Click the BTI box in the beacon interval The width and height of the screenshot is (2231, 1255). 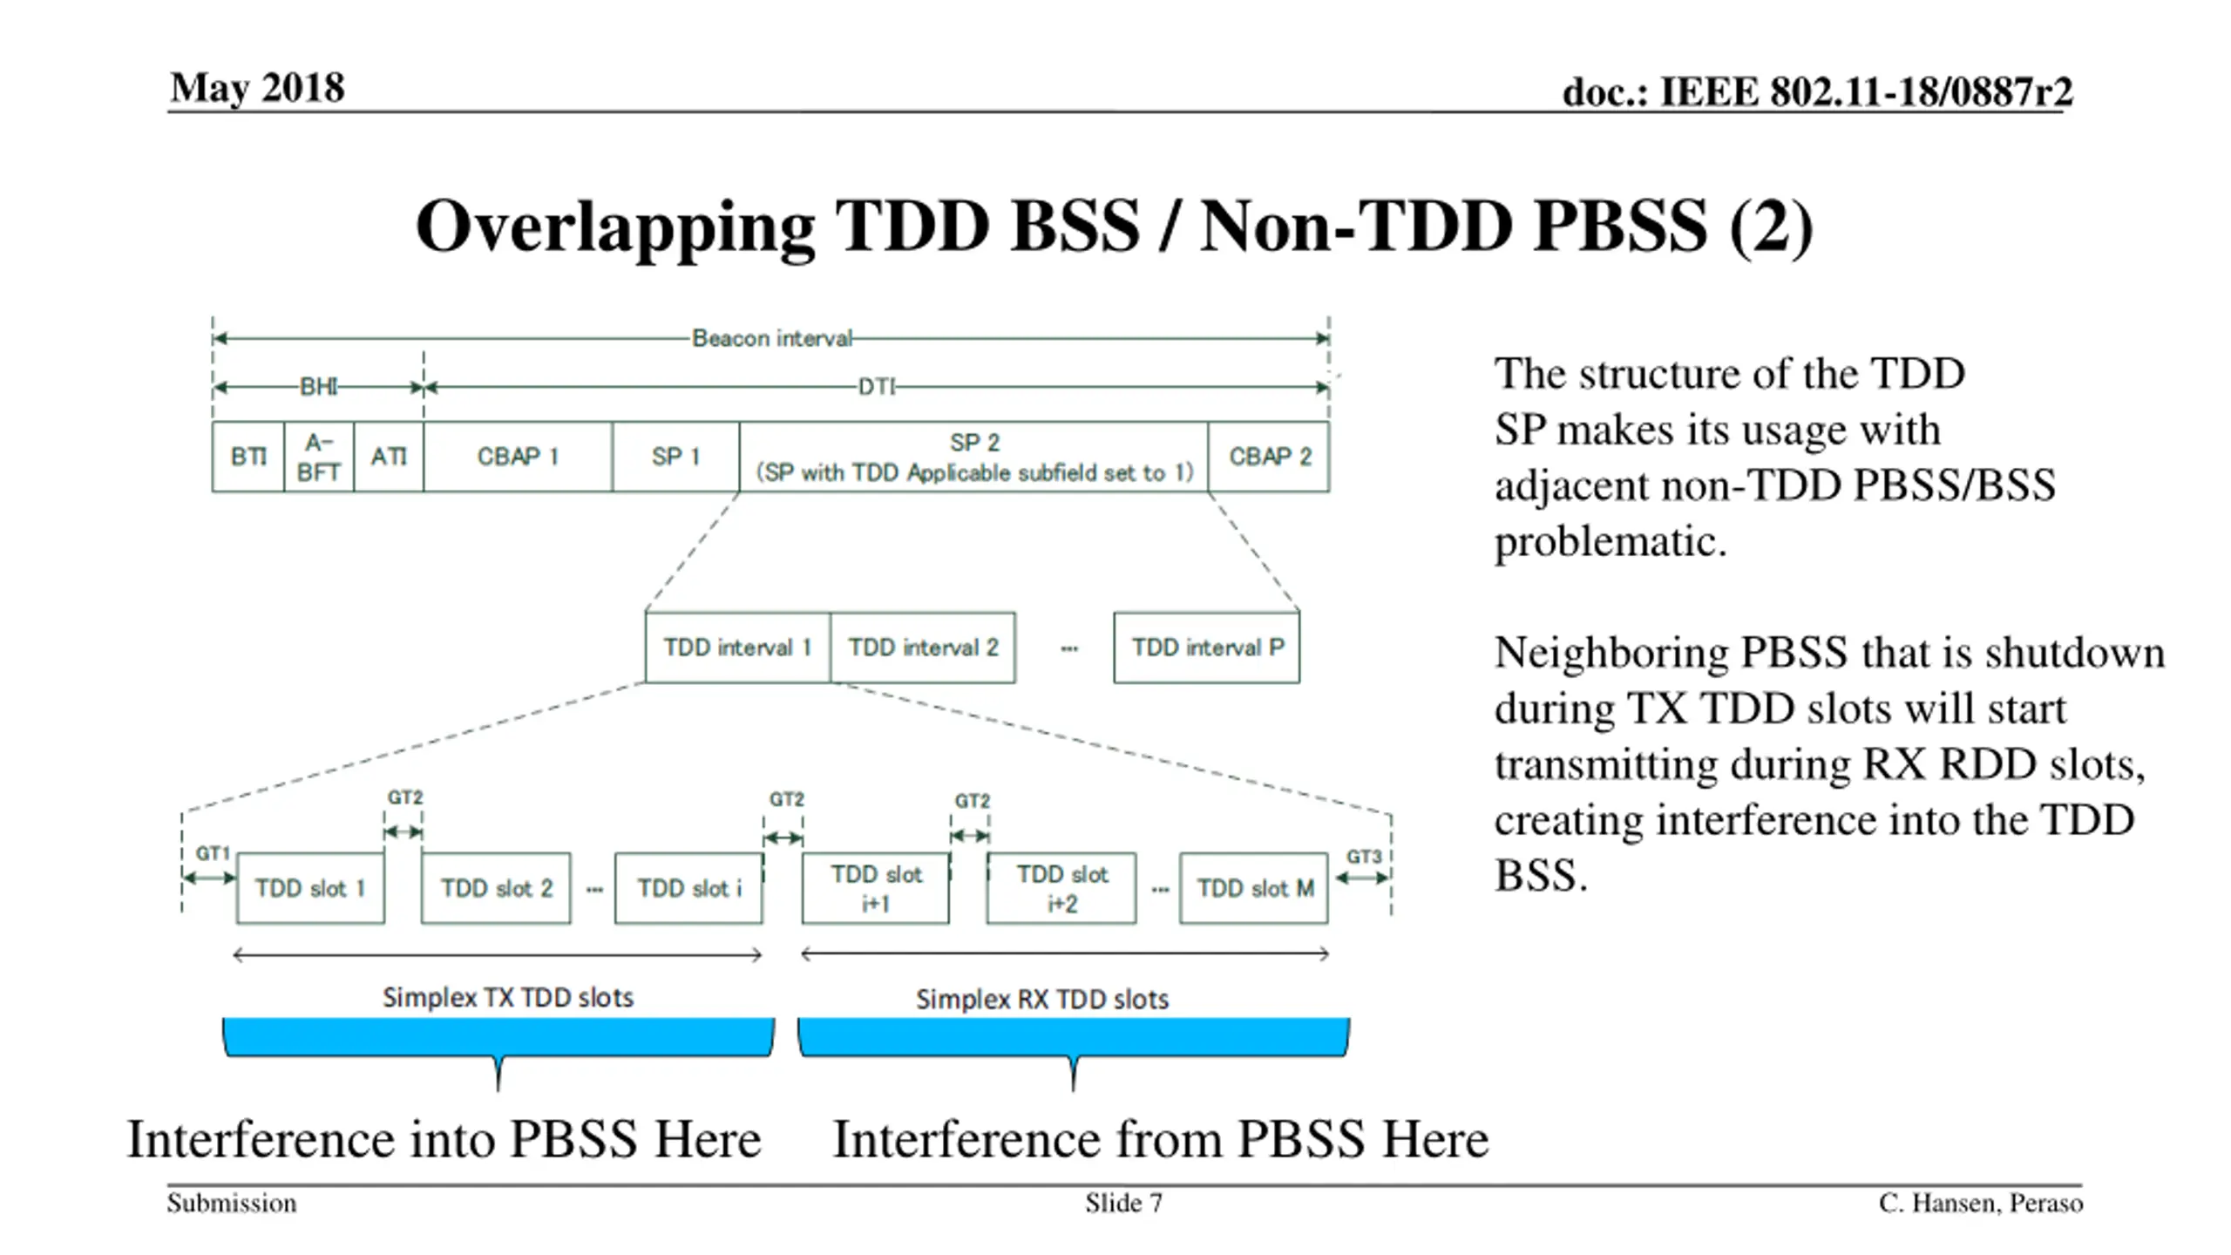(248, 457)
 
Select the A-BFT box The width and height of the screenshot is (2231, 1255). (319, 457)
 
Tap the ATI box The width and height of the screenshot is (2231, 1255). (389, 457)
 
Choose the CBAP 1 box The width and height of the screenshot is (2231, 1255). (518, 457)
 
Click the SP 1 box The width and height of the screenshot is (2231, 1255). (675, 457)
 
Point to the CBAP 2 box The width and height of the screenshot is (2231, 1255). (1269, 457)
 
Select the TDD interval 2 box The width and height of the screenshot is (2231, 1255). (923, 648)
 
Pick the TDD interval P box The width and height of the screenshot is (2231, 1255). (1207, 648)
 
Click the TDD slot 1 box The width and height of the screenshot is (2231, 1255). (310, 888)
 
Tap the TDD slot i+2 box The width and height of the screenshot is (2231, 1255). (1061, 888)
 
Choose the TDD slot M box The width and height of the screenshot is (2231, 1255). (1254, 888)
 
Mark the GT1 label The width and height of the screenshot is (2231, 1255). (212, 853)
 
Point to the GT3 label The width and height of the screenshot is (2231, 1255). (1363, 857)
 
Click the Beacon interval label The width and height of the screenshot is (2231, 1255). (771, 338)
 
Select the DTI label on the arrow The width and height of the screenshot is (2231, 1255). (876, 387)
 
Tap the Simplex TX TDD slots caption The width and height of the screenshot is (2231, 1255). (508, 997)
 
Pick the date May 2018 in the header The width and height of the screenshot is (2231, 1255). (258, 88)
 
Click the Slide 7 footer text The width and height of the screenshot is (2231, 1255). (1123, 1203)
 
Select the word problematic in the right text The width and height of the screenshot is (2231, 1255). (1610, 541)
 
